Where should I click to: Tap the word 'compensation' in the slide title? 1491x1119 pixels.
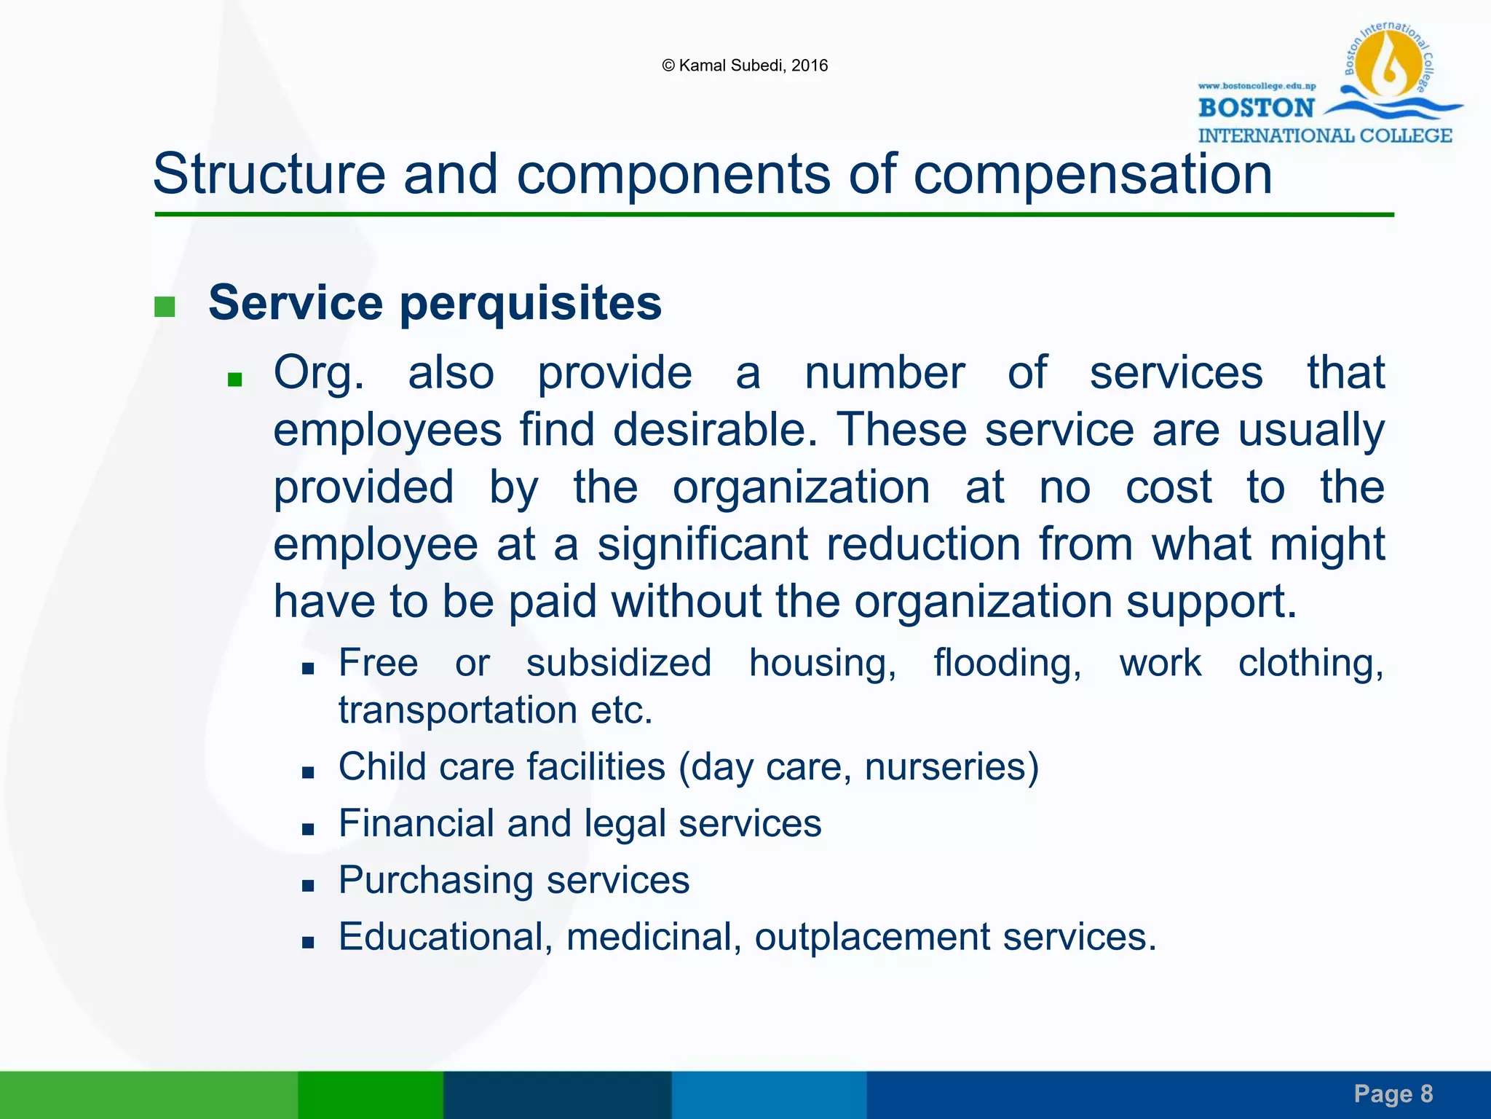(x=1092, y=175)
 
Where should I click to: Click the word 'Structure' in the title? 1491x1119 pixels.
(x=269, y=175)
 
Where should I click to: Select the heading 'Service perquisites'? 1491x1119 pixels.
(x=435, y=302)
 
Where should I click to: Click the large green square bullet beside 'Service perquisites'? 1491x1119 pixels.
(x=165, y=307)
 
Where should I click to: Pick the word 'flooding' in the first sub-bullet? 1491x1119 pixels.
(x=1007, y=664)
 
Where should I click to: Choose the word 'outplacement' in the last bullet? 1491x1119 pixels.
(x=872, y=937)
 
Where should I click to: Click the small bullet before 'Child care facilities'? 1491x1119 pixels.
(x=308, y=772)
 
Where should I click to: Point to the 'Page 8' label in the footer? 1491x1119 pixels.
(x=1393, y=1094)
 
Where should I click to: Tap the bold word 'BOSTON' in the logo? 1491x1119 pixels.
(x=1256, y=109)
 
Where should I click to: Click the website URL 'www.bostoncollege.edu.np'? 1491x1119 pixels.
(x=1257, y=86)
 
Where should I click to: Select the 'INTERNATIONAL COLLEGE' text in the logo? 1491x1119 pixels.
(x=1324, y=136)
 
